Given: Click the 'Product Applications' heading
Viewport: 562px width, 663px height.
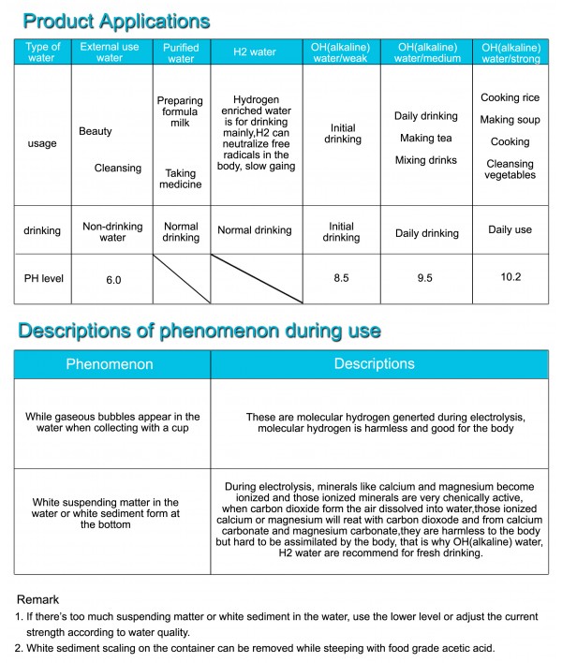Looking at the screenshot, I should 117,20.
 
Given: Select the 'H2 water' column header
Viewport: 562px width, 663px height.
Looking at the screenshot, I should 255,52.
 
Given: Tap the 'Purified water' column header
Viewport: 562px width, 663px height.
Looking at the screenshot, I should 181,52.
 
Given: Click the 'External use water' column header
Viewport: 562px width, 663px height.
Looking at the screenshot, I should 110,52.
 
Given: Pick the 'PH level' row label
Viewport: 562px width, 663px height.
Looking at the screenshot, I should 44,278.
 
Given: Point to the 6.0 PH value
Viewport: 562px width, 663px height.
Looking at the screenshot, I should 112,279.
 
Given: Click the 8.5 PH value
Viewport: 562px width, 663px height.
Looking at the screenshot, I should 341,278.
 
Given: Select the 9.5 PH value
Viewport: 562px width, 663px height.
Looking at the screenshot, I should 424,278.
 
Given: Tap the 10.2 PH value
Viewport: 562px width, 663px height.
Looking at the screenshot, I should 510,276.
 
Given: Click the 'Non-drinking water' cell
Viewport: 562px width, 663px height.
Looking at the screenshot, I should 112,231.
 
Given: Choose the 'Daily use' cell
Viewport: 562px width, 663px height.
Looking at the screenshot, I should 510,229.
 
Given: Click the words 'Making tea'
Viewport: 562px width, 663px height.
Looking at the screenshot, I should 425,139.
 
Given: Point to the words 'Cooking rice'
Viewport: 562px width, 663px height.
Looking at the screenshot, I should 510,97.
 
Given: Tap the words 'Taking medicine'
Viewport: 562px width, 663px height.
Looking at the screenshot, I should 181,178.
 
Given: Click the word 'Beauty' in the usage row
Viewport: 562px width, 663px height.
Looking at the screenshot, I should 95,132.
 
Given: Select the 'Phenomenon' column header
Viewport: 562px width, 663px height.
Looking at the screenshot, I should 110,363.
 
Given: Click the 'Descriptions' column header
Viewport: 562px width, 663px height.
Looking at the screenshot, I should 374,363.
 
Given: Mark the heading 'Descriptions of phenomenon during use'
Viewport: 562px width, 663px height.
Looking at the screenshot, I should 199,330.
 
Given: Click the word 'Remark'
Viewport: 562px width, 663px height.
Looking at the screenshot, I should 38,598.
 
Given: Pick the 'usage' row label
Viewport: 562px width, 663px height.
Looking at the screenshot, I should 43,143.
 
